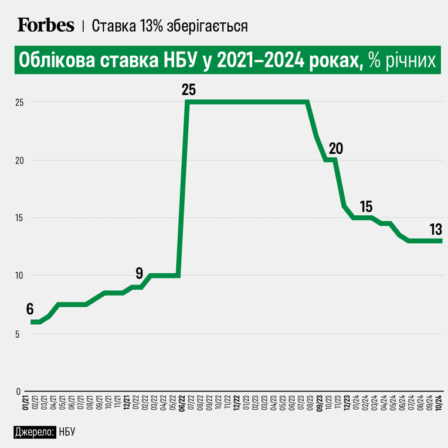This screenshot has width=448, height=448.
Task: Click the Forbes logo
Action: pos(46,25)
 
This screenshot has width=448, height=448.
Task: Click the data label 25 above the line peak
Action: pos(189,90)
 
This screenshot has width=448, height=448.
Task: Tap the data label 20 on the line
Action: pos(336,148)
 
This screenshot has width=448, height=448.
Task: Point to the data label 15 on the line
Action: pos(366,206)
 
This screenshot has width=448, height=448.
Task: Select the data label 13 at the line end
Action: pos(436,229)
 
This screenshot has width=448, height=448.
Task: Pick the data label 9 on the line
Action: pos(139,273)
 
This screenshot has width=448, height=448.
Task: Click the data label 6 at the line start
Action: pos(30,309)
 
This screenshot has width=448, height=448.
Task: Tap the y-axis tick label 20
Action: pos(19,161)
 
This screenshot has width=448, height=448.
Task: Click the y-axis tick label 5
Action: pos(18,334)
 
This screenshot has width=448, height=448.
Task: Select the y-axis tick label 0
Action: pos(18,392)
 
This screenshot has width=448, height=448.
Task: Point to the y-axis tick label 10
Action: pos(19,276)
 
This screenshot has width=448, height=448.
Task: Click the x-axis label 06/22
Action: pos(182,403)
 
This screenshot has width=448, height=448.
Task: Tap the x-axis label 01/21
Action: pos(25,403)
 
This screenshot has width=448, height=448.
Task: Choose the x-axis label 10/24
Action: pos(439,403)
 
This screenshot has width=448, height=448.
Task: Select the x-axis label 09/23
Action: pos(320,403)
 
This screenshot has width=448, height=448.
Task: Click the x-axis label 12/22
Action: pos(236,403)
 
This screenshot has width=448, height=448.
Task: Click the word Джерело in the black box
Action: pos(33,432)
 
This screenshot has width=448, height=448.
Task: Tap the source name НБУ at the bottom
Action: pos(67,432)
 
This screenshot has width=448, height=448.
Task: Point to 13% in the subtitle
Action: pos(151,26)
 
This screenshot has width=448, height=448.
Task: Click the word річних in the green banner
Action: pos(411,60)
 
